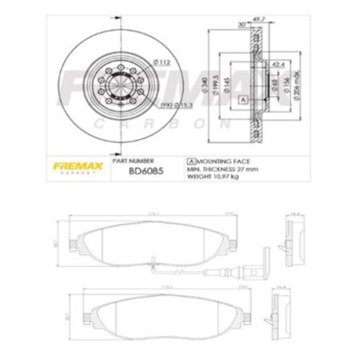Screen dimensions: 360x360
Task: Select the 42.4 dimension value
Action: click(x=277, y=64)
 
